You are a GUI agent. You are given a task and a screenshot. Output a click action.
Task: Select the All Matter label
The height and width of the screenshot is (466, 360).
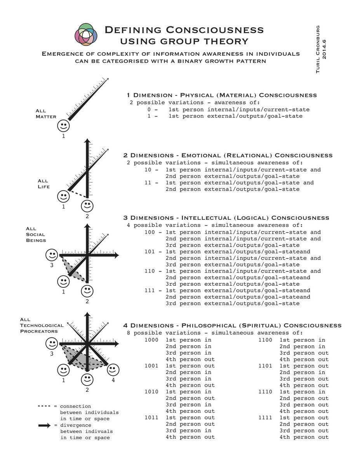[x=46, y=114]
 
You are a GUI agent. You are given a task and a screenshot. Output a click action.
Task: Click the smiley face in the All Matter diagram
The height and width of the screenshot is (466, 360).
[x=63, y=126]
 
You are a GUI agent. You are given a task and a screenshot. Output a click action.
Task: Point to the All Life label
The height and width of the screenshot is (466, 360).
[x=43, y=184]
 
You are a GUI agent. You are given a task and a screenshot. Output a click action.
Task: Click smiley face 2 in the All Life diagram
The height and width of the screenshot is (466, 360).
[x=87, y=205]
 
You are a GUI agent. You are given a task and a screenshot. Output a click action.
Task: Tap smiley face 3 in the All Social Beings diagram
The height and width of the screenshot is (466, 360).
[x=52, y=255]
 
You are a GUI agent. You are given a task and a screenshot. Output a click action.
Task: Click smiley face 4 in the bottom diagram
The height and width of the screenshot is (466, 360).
[x=113, y=369]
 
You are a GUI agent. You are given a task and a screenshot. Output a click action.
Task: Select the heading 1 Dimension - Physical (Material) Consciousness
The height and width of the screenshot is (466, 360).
[x=221, y=95]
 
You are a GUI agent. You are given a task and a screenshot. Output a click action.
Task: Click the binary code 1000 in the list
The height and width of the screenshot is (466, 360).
[x=151, y=340]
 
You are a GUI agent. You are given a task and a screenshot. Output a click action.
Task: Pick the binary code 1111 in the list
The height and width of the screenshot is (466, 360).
[x=266, y=418]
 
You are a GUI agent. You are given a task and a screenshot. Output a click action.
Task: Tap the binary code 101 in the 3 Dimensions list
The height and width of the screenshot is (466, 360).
[x=150, y=252]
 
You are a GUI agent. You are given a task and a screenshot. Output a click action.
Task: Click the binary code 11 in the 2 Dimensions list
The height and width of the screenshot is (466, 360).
[x=147, y=183]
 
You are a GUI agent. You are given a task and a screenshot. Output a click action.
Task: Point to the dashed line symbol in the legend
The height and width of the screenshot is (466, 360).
[x=45, y=406]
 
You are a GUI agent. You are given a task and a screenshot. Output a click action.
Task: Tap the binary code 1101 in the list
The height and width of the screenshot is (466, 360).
[x=266, y=366]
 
